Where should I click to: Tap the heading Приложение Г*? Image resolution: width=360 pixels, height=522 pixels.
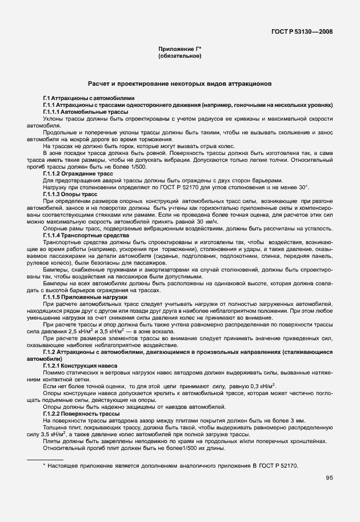point(179,50)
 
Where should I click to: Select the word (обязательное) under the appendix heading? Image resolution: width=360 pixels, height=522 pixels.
point(179,57)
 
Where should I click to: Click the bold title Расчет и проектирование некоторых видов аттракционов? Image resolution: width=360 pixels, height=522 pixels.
point(179,83)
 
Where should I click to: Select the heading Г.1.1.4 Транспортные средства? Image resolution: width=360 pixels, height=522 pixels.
point(86,235)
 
